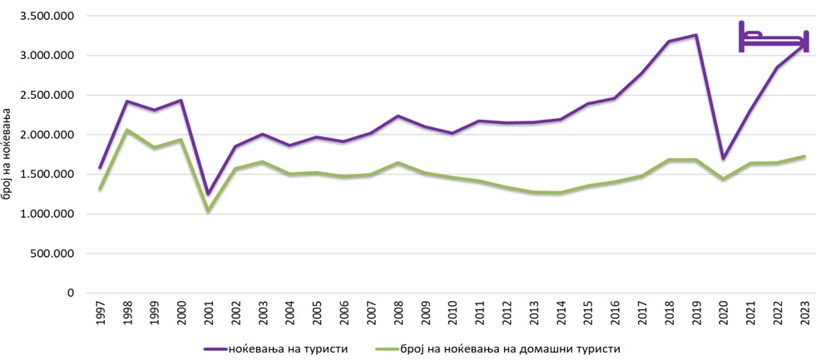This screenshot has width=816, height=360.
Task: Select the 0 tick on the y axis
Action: tap(71, 293)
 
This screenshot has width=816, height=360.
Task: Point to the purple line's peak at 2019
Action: tap(695, 35)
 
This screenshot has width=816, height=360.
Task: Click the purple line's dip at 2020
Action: tap(723, 158)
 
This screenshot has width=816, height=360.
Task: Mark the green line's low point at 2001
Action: tap(209, 210)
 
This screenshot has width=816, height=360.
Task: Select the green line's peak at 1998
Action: tap(127, 130)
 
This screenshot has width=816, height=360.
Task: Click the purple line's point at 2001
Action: tap(209, 194)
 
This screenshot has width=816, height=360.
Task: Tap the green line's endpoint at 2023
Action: tap(804, 156)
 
